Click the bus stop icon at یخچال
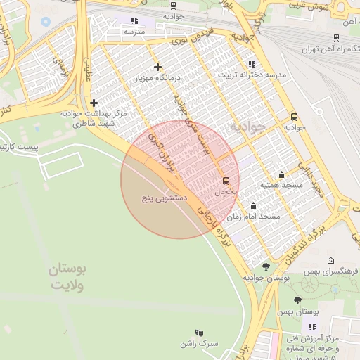click(x=226, y=180)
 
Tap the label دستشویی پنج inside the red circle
click(x=164, y=199)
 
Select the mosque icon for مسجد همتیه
click(x=282, y=175)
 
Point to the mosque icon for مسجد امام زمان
click(x=253, y=206)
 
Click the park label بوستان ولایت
click(x=67, y=278)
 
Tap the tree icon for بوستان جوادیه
click(x=266, y=266)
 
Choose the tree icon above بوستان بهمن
click(x=297, y=300)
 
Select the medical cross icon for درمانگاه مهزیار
click(x=157, y=67)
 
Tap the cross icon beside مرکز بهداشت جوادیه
click(x=94, y=103)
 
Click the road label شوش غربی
click(x=309, y=5)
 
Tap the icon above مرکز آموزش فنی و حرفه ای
click(x=312, y=327)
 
